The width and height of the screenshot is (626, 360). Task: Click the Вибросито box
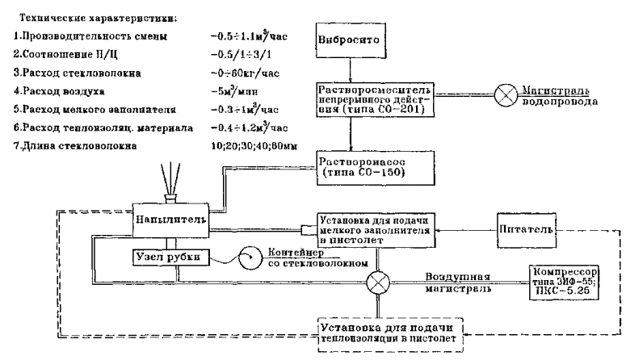(x=356, y=40)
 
